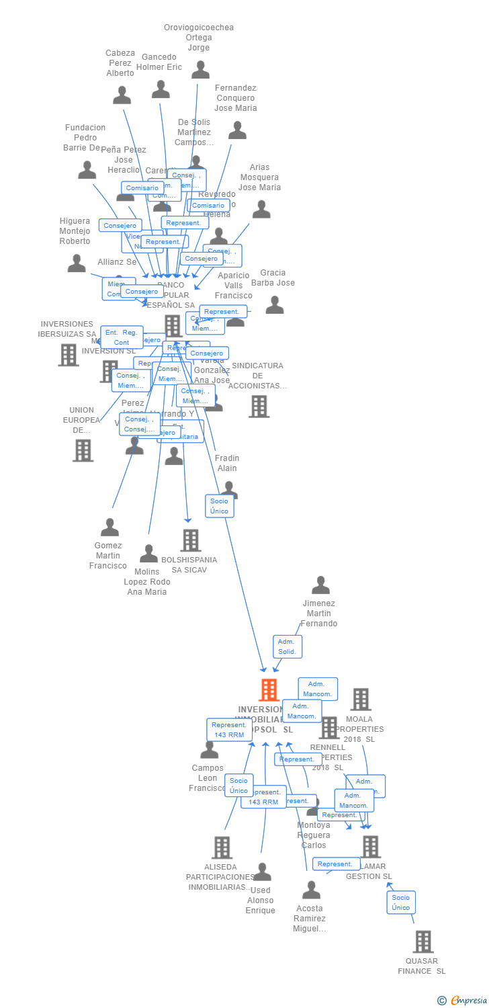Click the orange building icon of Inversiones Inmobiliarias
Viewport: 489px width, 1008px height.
point(269,689)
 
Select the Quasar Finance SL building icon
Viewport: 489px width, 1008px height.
point(423,941)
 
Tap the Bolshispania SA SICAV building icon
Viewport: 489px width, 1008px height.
point(191,540)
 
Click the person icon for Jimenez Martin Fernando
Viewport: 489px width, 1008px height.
point(321,585)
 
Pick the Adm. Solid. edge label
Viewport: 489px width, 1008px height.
point(287,647)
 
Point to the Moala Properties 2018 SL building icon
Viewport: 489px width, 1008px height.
point(361,699)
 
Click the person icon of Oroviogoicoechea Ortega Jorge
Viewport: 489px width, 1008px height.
point(200,69)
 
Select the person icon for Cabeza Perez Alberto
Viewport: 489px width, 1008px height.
point(122,95)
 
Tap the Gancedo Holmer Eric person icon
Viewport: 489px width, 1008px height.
point(161,89)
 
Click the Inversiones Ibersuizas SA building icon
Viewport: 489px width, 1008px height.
point(69,354)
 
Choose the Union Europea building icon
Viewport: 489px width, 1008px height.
point(83,450)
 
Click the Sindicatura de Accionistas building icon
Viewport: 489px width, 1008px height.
point(259,406)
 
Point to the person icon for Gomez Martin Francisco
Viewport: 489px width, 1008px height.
point(109,528)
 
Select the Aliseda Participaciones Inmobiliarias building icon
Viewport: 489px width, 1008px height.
point(222,847)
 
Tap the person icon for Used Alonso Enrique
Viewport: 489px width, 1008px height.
point(261,872)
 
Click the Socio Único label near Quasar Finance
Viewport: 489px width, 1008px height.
point(401,902)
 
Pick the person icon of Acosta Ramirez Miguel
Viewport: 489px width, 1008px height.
point(311,890)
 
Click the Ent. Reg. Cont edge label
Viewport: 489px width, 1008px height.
point(122,337)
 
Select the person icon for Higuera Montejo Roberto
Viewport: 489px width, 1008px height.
point(77,263)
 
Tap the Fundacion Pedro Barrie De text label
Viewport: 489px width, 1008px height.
point(85,138)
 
